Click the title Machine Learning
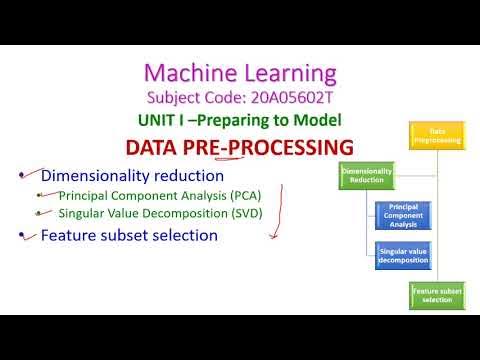click(241, 72)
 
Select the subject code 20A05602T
click(284, 98)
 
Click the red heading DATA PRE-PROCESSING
click(240, 147)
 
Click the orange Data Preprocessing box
click(437, 136)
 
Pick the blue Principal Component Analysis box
click(402, 216)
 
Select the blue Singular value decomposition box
click(402, 256)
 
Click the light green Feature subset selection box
click(437, 295)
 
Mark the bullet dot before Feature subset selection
click(22, 236)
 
